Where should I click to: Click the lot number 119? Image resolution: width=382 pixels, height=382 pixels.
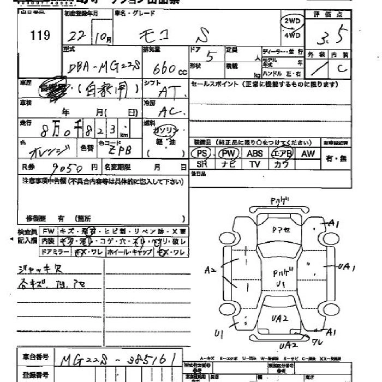pyautogui.click(x=40, y=35)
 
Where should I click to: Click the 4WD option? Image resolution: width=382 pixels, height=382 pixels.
pyautogui.click(x=292, y=35)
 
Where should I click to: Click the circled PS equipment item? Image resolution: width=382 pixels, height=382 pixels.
pyautogui.click(x=201, y=154)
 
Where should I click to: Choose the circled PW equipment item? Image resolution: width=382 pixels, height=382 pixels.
pyautogui.click(x=229, y=154)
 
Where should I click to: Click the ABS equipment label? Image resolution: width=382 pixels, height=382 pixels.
pyautogui.click(x=255, y=154)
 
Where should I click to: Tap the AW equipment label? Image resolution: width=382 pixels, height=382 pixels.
pyautogui.click(x=308, y=154)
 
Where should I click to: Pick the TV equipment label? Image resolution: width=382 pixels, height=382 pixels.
pyautogui.click(x=255, y=164)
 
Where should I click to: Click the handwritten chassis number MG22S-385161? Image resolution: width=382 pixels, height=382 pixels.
pyautogui.click(x=120, y=360)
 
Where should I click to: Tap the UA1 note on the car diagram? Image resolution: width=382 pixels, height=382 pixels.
pyautogui.click(x=346, y=267)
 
